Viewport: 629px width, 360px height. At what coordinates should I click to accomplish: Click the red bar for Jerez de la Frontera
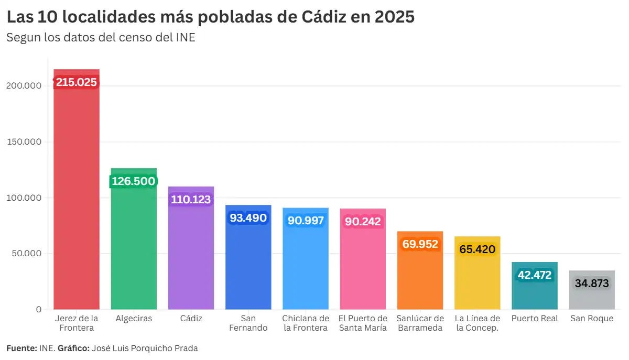pos(77,199)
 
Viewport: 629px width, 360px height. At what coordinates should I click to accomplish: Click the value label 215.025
pos(77,82)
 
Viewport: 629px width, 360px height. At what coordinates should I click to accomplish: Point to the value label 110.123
pos(191,199)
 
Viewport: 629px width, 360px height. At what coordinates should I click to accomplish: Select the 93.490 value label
pos(248,217)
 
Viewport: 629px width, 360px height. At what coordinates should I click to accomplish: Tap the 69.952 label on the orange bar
pos(420,244)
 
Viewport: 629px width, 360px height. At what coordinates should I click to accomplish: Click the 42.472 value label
pos(534,275)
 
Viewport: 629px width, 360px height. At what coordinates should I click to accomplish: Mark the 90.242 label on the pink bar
pos(363,221)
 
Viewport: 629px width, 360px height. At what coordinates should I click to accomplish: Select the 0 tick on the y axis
pos(38,309)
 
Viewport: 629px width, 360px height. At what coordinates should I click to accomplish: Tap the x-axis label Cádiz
pos(191,319)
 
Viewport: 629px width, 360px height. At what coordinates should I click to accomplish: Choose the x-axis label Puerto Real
pos(534,319)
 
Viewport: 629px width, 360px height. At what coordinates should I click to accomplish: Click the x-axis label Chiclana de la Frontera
pos(305,323)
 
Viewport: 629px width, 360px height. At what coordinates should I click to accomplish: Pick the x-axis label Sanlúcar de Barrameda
pos(420,323)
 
